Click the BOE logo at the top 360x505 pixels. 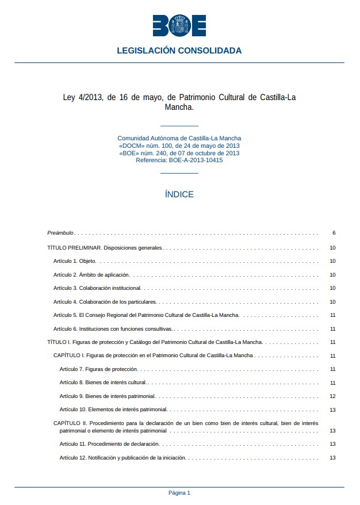click(x=179, y=25)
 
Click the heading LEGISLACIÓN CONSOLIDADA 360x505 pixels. click(x=179, y=51)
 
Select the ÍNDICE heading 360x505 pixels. click(x=179, y=194)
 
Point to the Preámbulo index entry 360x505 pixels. click(x=60, y=233)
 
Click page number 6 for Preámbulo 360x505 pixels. click(x=334, y=233)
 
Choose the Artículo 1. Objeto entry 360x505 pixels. click(x=75, y=261)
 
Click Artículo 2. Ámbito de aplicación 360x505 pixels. click(x=91, y=275)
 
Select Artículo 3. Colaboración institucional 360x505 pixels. click(x=97, y=288)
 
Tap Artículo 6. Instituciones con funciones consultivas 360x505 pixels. click(x=113, y=329)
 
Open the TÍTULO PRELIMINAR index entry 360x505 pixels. click(x=105, y=248)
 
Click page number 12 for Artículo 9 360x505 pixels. click(x=332, y=396)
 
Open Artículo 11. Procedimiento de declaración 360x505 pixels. click(x=109, y=444)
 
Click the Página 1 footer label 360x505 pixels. click(x=179, y=493)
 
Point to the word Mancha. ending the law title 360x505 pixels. click(x=179, y=107)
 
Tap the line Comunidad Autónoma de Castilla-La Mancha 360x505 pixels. click(x=179, y=139)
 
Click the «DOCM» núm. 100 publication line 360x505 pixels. click(x=179, y=146)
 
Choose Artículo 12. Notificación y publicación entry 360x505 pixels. click(x=123, y=458)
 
